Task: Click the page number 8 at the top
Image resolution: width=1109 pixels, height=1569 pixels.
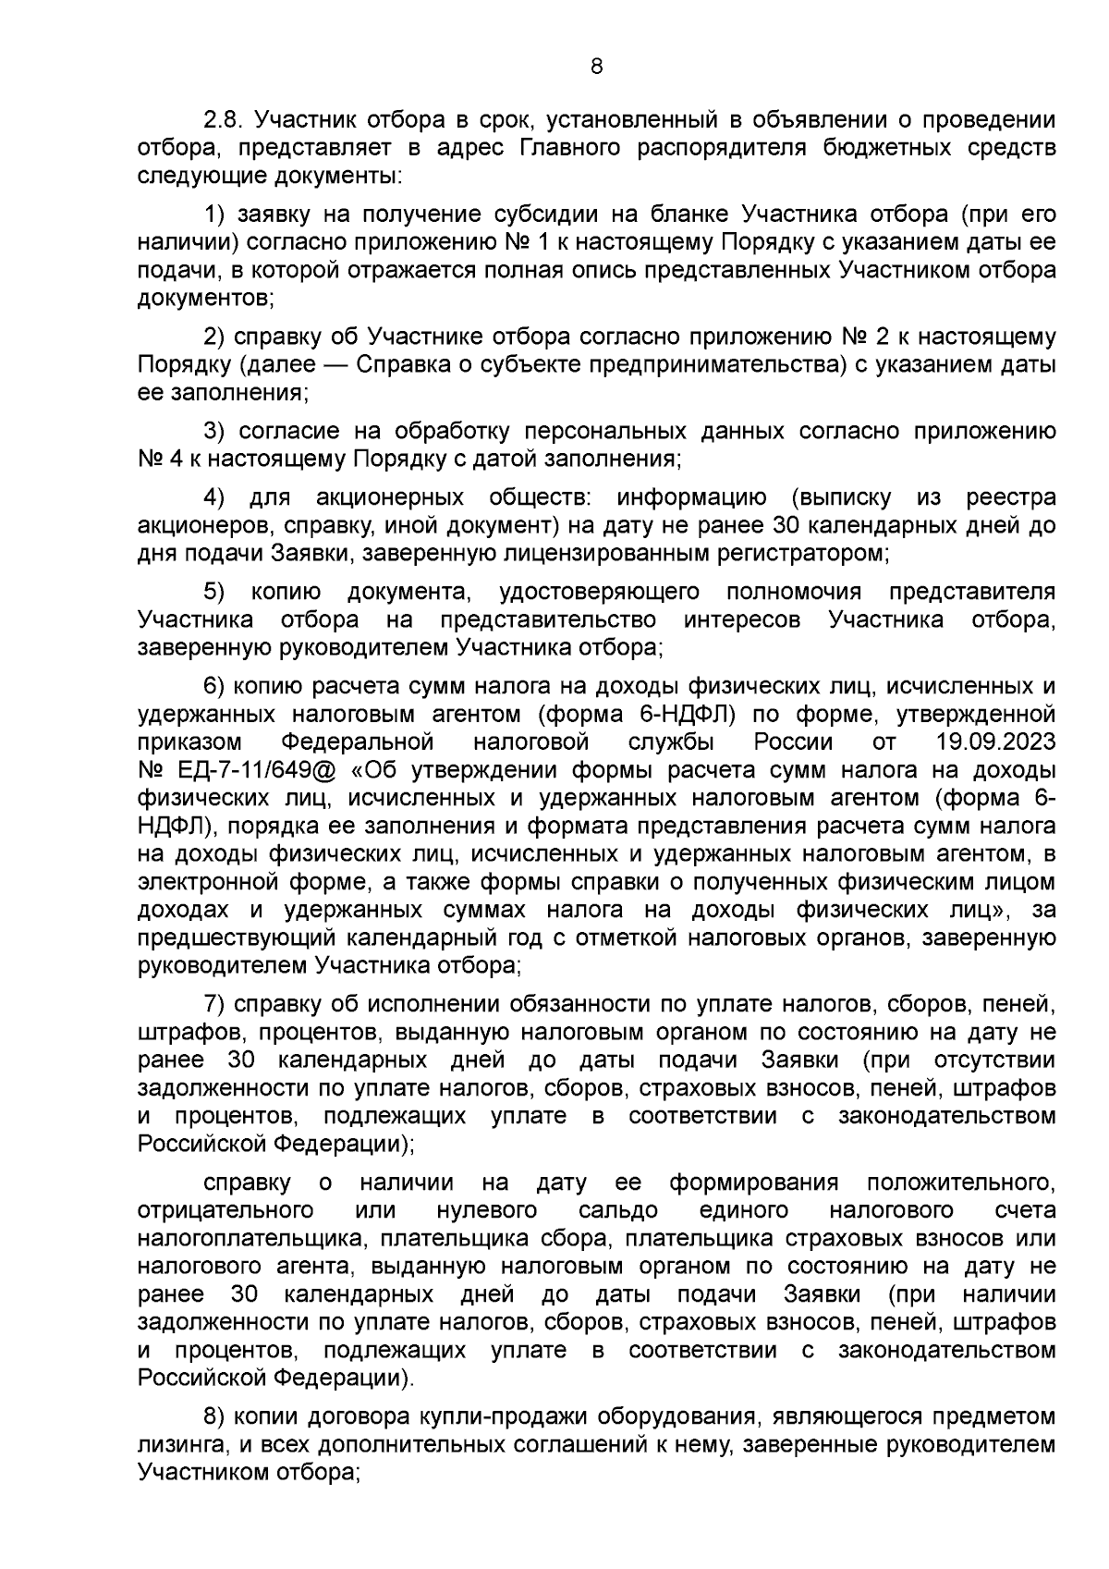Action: pyautogui.click(x=595, y=66)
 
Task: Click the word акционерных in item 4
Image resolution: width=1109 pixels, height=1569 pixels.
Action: pyautogui.click(x=389, y=498)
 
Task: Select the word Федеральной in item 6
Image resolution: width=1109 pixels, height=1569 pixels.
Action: pyautogui.click(x=358, y=742)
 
